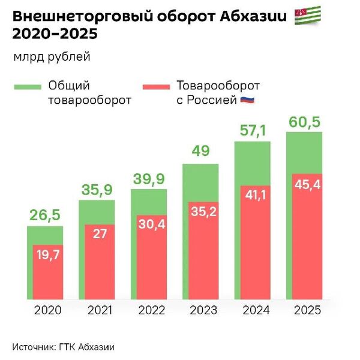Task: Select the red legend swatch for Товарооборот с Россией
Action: tap(155, 87)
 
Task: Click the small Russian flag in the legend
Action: tap(248, 100)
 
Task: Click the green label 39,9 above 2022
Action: tap(148, 179)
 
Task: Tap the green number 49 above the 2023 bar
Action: tap(200, 151)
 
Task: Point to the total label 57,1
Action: tap(251, 129)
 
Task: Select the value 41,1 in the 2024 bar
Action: tap(254, 194)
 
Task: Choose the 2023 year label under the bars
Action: tap(200, 310)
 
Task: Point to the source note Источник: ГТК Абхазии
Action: tap(63, 347)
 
